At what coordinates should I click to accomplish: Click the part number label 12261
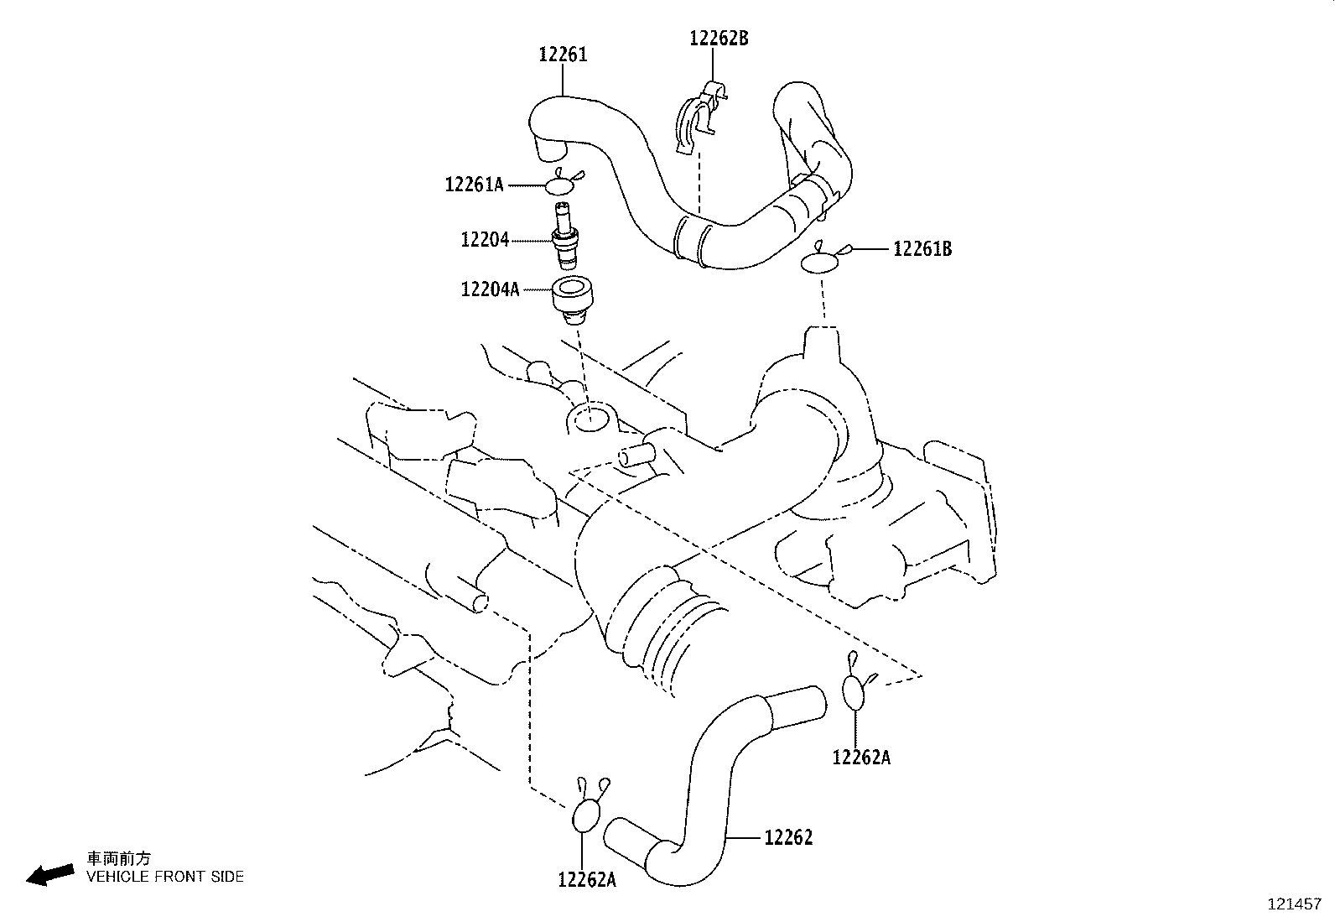click(x=562, y=55)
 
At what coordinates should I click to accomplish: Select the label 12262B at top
click(x=719, y=38)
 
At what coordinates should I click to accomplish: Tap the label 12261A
click(x=474, y=185)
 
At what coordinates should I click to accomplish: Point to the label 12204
click(x=484, y=240)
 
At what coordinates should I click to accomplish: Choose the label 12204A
click(x=490, y=290)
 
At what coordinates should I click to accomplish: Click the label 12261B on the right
click(x=922, y=249)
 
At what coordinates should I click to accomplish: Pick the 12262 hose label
click(x=787, y=837)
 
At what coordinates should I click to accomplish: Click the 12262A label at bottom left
click(x=587, y=879)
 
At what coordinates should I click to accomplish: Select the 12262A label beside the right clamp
click(x=861, y=758)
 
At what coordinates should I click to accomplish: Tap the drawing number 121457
click(x=1293, y=905)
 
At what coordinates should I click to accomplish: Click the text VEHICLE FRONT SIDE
click(x=165, y=877)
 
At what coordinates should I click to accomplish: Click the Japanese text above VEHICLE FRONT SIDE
click(x=119, y=858)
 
